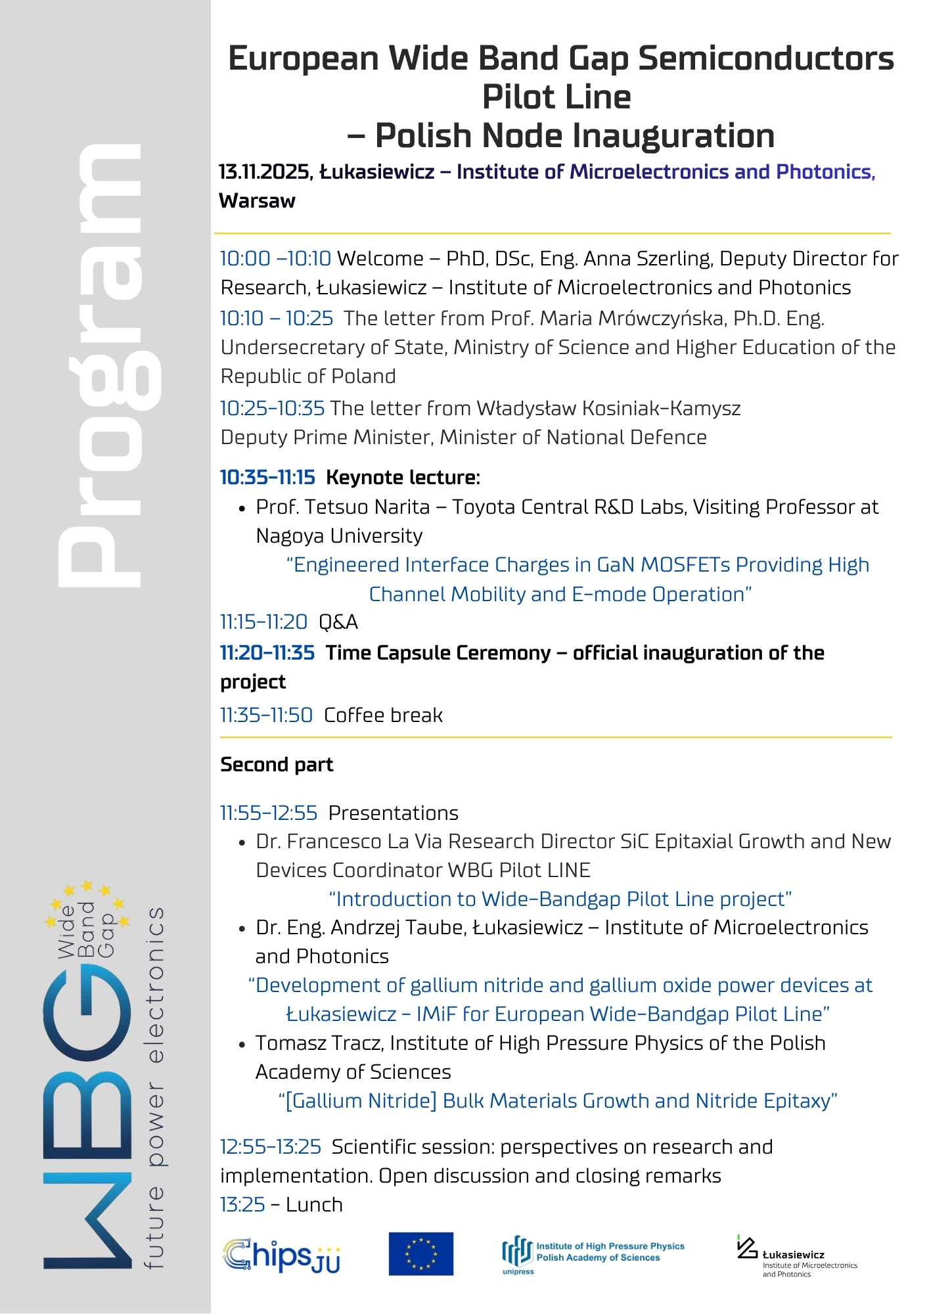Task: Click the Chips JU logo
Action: pos(282,1256)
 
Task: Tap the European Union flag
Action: pos(420,1254)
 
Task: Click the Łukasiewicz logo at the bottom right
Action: pos(796,1256)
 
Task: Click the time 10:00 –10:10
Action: pos(275,259)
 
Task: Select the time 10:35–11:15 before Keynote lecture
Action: pos(267,478)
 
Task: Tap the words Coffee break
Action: pos(383,715)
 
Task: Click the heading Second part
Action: pos(277,765)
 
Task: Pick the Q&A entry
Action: pos(338,622)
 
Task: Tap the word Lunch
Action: pos(314,1205)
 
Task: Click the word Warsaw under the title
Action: pos(257,201)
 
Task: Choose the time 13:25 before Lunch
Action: pos(242,1205)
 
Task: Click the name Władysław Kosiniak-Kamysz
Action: pos(608,409)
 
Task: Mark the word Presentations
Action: pos(393,813)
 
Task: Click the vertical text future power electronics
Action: pos(154,1087)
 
